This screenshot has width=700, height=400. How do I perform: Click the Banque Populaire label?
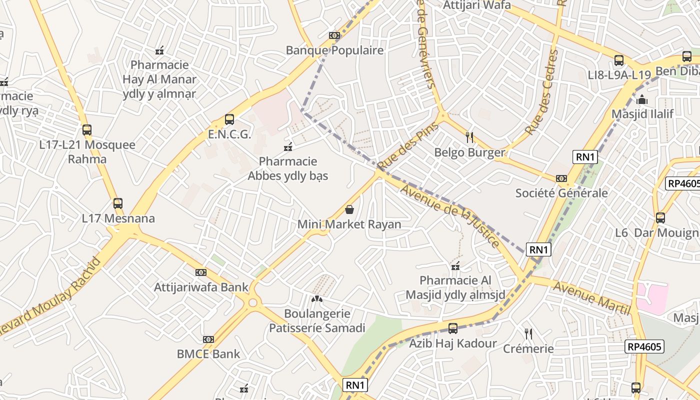[334, 50]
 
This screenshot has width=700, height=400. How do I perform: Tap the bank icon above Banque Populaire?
[334, 35]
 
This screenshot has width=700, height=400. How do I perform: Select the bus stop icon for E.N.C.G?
[229, 119]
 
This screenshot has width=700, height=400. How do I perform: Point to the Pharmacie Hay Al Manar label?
[159, 79]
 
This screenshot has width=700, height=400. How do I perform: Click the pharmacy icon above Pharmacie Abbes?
[288, 146]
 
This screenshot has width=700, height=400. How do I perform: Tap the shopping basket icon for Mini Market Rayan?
[349, 209]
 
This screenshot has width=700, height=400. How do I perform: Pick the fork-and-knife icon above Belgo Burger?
[469, 137]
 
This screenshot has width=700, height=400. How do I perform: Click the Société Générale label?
[561, 193]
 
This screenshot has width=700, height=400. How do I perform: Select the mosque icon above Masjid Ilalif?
[642, 99]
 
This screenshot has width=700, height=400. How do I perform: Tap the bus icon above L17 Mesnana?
[118, 203]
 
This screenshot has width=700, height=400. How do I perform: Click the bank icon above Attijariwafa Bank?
[201, 272]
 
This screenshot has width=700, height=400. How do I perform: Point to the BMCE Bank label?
[208, 354]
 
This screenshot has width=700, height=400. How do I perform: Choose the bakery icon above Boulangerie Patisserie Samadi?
[317, 299]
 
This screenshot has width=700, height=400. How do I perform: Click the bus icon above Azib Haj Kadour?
[453, 328]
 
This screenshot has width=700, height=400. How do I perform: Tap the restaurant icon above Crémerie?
[528, 333]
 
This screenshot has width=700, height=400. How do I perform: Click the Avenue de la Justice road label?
[450, 216]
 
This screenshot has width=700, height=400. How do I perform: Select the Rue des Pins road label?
[408, 145]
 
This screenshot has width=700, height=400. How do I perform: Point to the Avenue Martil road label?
[591, 299]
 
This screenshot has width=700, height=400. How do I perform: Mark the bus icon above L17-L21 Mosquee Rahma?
[87, 130]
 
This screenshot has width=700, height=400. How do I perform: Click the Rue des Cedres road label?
[541, 92]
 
